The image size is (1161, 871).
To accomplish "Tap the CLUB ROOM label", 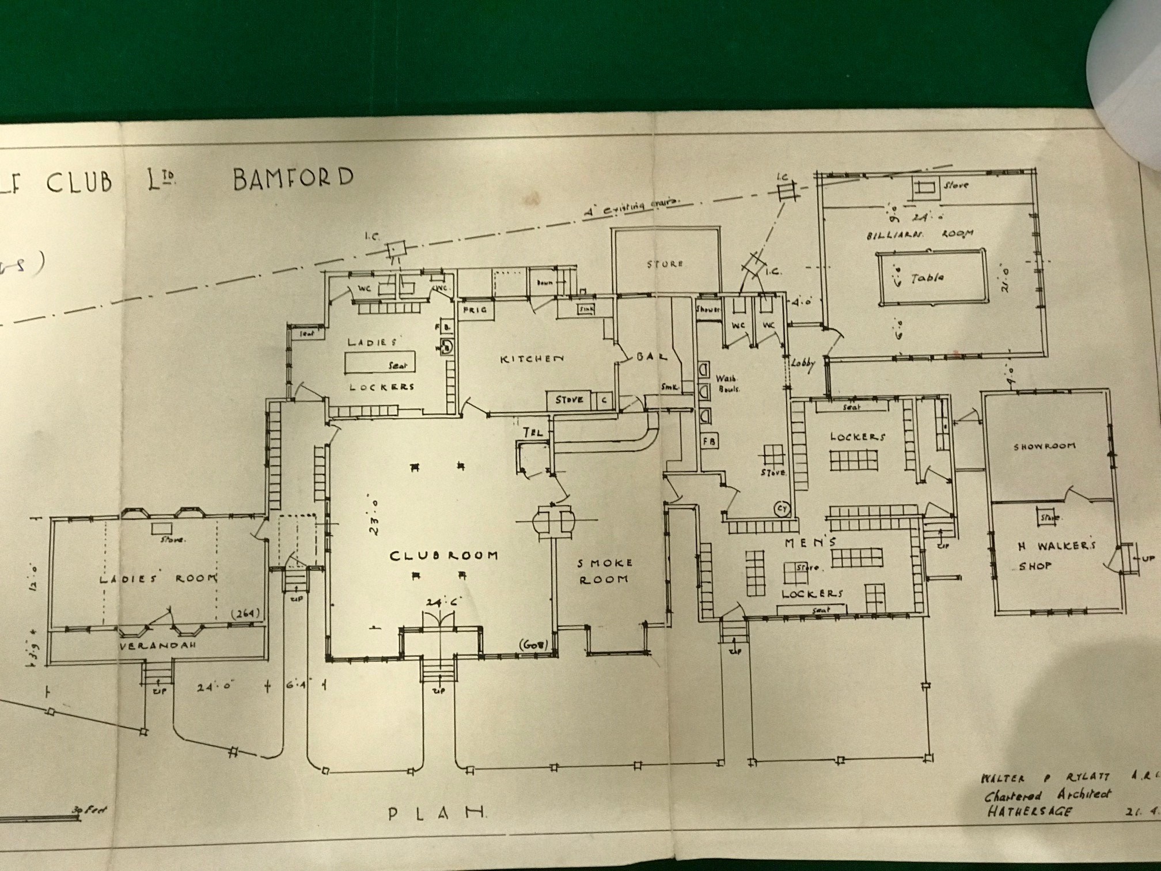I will tap(443, 556).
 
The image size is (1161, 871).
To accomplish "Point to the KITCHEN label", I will tap(532, 359).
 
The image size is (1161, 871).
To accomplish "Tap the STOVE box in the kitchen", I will tap(569, 400).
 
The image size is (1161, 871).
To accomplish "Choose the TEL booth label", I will tap(533, 431).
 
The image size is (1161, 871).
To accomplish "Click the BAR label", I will tap(652, 357).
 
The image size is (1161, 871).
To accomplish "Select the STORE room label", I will tap(665, 264).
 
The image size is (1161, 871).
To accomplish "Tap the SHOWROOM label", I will tap(1044, 446).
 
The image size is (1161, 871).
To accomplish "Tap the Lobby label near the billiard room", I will tap(803, 363).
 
